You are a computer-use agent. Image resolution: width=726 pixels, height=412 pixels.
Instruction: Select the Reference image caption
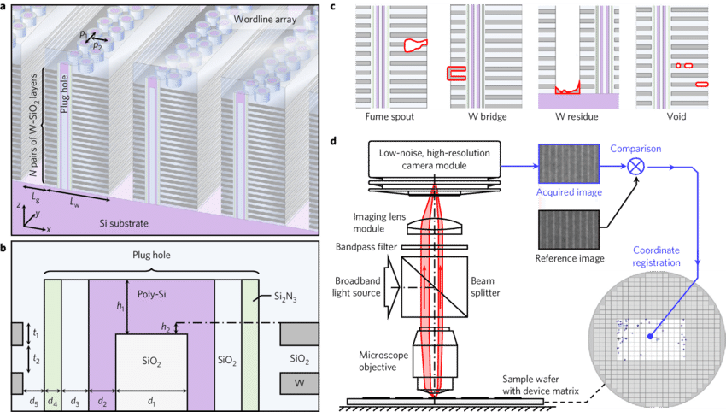(569, 257)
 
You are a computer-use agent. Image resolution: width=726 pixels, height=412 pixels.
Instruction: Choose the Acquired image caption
(569, 191)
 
